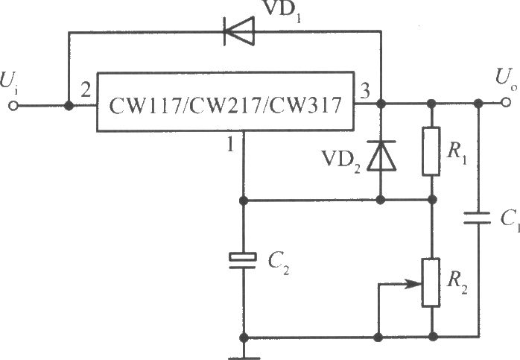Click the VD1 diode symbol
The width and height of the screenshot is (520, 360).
point(239,31)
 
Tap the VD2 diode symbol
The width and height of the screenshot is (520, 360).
point(381,156)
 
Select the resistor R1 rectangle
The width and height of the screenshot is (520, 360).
point(431,151)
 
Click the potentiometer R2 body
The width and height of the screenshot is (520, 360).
point(431,282)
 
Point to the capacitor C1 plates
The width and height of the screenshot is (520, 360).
point(478,218)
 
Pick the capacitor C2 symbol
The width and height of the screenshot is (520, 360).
point(243,260)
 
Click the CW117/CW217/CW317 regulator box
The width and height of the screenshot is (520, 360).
point(226,101)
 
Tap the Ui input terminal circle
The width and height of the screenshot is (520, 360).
point(13,106)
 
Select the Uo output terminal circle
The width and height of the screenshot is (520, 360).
point(506,103)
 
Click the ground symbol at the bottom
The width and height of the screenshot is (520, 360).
point(244,358)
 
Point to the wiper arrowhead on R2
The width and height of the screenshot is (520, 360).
point(414,284)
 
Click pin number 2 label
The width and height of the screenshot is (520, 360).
point(86,90)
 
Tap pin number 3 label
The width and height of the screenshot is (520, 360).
point(365,91)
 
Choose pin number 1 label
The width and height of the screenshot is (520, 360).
point(230,145)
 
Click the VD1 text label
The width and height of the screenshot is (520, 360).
point(281,10)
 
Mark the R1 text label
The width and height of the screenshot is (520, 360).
point(457,153)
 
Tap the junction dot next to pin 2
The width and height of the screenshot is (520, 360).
point(69,106)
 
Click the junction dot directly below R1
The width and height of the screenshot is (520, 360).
point(432,200)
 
